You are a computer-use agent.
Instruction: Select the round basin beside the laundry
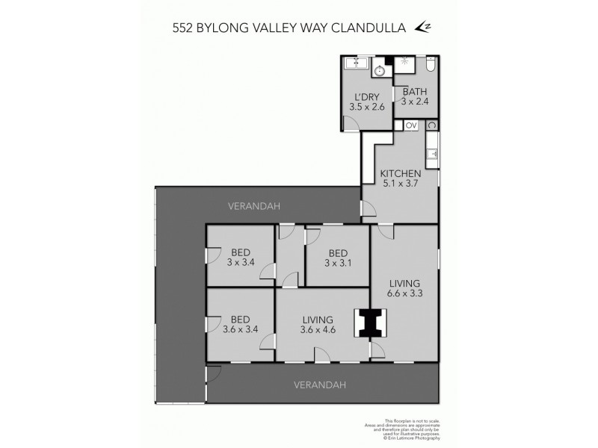[x=380, y=71]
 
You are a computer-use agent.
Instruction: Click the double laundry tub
[x=356, y=64]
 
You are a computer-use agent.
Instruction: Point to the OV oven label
[x=410, y=125]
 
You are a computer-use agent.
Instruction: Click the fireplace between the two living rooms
[x=367, y=323]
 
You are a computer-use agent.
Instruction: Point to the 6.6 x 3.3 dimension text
[x=404, y=293]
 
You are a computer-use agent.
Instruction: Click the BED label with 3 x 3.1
[x=339, y=262]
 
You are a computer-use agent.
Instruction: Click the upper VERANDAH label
[x=254, y=205]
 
